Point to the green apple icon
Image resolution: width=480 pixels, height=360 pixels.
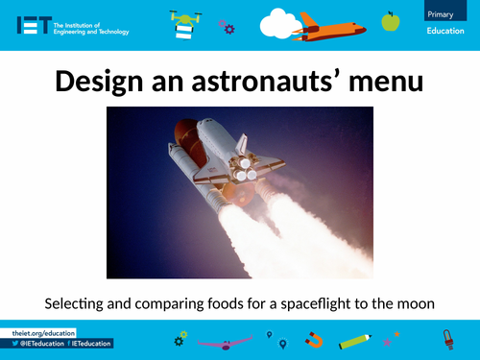click(x=391, y=20)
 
